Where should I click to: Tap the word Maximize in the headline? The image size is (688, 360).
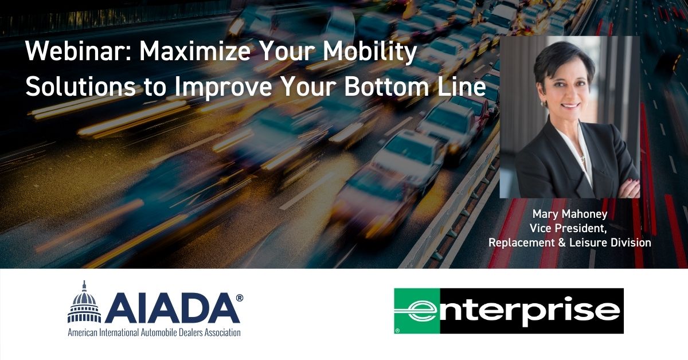click(195, 51)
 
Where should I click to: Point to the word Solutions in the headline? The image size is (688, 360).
click(80, 87)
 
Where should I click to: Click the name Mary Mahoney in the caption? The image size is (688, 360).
click(570, 214)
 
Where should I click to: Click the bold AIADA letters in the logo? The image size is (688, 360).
click(173, 308)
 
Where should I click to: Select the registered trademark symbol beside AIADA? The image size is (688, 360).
click(239, 298)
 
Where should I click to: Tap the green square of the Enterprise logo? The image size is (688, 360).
click(417, 311)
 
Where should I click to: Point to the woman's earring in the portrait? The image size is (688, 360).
click(546, 105)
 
